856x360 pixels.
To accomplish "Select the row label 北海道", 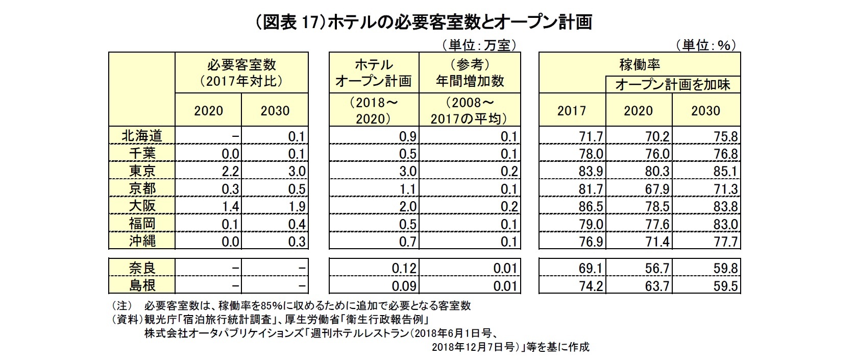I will click(142, 136).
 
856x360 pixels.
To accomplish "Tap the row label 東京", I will click(142, 171).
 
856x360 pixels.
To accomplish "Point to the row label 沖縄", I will click(142, 241).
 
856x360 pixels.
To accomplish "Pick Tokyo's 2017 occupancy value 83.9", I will click(591, 172).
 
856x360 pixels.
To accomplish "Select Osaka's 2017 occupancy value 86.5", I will click(591, 206).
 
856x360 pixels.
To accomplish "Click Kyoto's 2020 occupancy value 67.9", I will click(657, 189).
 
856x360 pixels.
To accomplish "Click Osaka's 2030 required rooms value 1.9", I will click(297, 206).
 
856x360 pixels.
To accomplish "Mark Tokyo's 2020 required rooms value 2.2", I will click(230, 172).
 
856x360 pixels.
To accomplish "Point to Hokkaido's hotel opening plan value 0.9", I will click(408, 137).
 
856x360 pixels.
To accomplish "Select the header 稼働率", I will click(640, 65).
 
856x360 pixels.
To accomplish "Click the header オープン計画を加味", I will click(673, 84).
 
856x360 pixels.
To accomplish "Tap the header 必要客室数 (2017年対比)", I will click(241, 73).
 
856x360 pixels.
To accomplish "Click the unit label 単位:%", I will click(706, 45).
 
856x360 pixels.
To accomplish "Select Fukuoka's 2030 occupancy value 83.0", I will click(725, 224).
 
